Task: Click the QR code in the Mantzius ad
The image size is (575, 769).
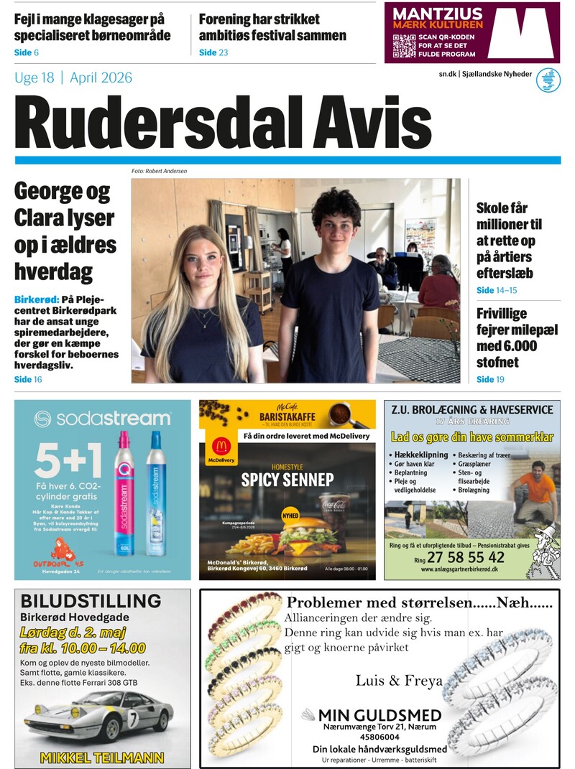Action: [x=404, y=45]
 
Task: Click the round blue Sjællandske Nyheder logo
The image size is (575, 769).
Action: [x=548, y=80]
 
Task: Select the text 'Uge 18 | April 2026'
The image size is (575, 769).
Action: [x=73, y=78]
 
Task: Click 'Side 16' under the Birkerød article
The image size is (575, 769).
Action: [x=28, y=379]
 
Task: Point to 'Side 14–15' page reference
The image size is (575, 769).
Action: [x=496, y=291]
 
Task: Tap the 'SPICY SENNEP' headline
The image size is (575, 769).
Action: [x=287, y=480]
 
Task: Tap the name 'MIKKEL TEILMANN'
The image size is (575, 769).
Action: [x=102, y=758]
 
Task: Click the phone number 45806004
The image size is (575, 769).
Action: [x=370, y=737]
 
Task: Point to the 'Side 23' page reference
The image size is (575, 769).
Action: [x=213, y=52]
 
